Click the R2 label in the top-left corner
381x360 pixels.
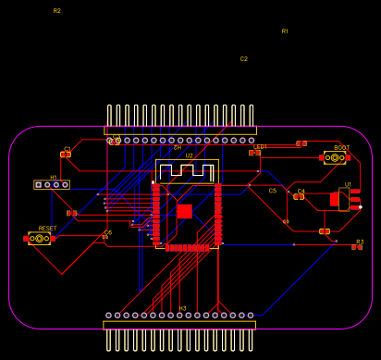pyautogui.click(x=56, y=11)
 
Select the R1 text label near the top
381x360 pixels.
pyautogui.click(x=285, y=31)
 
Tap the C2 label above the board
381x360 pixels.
pyautogui.click(x=244, y=59)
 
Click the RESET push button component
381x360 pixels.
pyautogui.click(x=40, y=239)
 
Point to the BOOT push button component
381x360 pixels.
pyautogui.click(x=335, y=158)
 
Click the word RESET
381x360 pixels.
pyautogui.click(x=47, y=228)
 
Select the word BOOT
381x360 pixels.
pyautogui.click(x=341, y=148)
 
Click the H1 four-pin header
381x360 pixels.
pyautogui.click(x=52, y=185)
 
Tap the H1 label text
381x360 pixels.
pyautogui.click(x=54, y=178)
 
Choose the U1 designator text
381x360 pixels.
pyautogui.click(x=349, y=185)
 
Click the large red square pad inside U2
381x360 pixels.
pyautogui.click(x=184, y=211)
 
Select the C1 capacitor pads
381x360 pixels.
pyautogui.click(x=66, y=155)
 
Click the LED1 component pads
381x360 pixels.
pyautogui.click(x=255, y=153)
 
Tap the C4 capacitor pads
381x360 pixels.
pyautogui.click(x=299, y=196)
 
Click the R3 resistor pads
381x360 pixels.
pyautogui.click(x=357, y=247)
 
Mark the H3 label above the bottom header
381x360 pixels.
pyautogui.click(x=182, y=308)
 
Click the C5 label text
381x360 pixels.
pyautogui.click(x=273, y=191)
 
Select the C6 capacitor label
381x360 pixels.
pyautogui.click(x=107, y=232)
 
